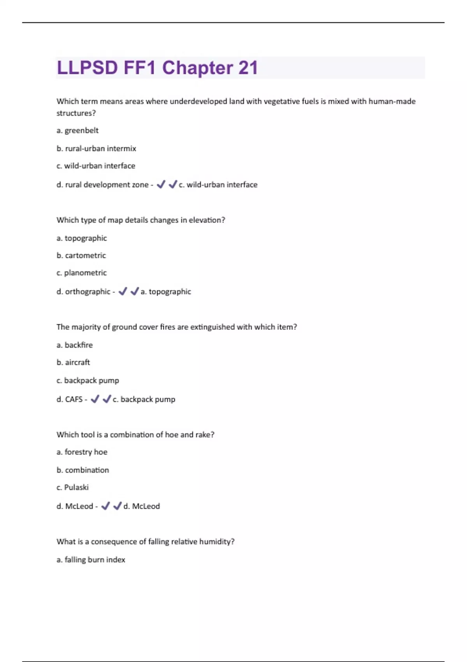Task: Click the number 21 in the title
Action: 248,68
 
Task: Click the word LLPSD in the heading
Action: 87,68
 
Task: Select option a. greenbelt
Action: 77,130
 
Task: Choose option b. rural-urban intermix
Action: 96,148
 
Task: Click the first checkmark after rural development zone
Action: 161,185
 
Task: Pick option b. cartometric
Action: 81,255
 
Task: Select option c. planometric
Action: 81,273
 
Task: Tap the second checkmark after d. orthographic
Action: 135,291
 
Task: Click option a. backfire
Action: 74,345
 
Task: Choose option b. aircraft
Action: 73,362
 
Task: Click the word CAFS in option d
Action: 74,399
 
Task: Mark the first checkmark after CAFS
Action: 95,399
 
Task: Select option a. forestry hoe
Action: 82,452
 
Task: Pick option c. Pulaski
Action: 72,487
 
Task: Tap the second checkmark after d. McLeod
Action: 117,506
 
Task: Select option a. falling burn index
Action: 91,560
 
